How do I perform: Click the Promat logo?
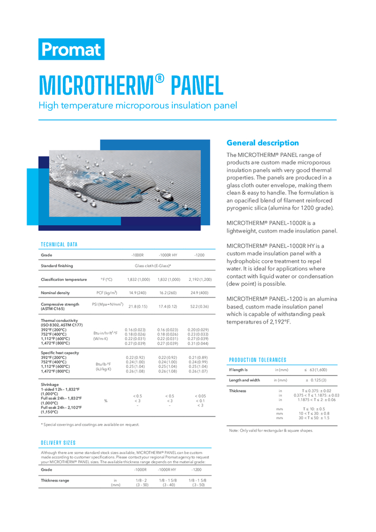tap(71, 49)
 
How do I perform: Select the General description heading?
tap(263, 143)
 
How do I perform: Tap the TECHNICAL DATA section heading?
tap(59, 245)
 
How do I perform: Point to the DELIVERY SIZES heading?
tap(59, 443)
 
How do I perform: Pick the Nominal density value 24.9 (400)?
tap(199, 293)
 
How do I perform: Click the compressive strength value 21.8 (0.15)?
tap(138, 307)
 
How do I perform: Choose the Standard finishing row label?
tap(57, 265)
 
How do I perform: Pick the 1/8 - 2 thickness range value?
tap(142, 480)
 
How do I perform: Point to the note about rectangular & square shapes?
tap(271, 430)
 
